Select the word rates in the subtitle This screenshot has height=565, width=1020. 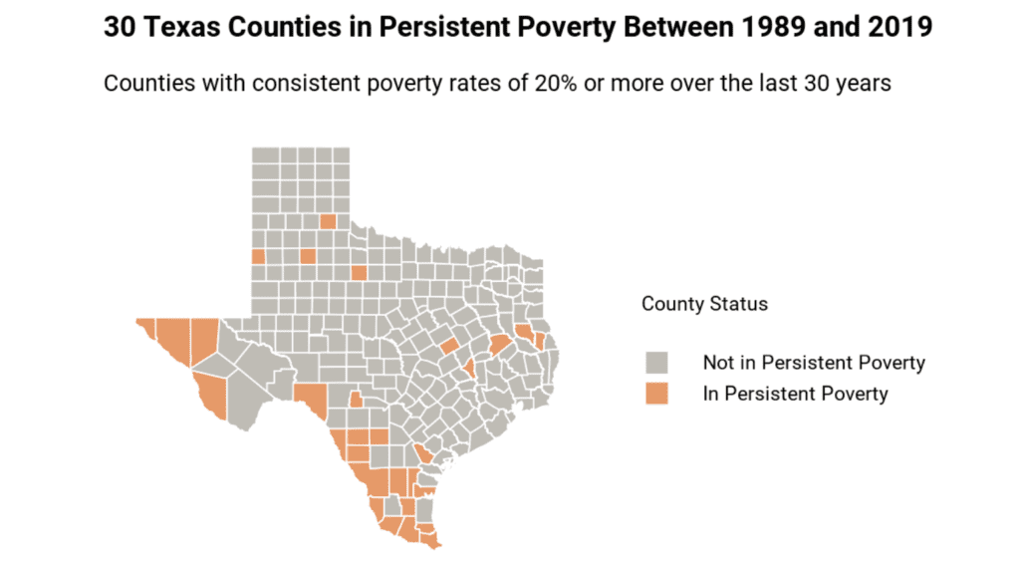point(474,83)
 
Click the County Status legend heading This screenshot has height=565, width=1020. point(704,304)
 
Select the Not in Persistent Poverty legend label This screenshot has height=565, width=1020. point(814,363)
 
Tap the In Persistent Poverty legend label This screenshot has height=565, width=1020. point(795,394)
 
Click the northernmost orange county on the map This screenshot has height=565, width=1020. point(328,221)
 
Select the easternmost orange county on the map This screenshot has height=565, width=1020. point(539,342)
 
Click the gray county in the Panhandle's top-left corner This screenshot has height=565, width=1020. point(262,154)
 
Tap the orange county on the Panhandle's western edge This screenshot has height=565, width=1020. point(258,256)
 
